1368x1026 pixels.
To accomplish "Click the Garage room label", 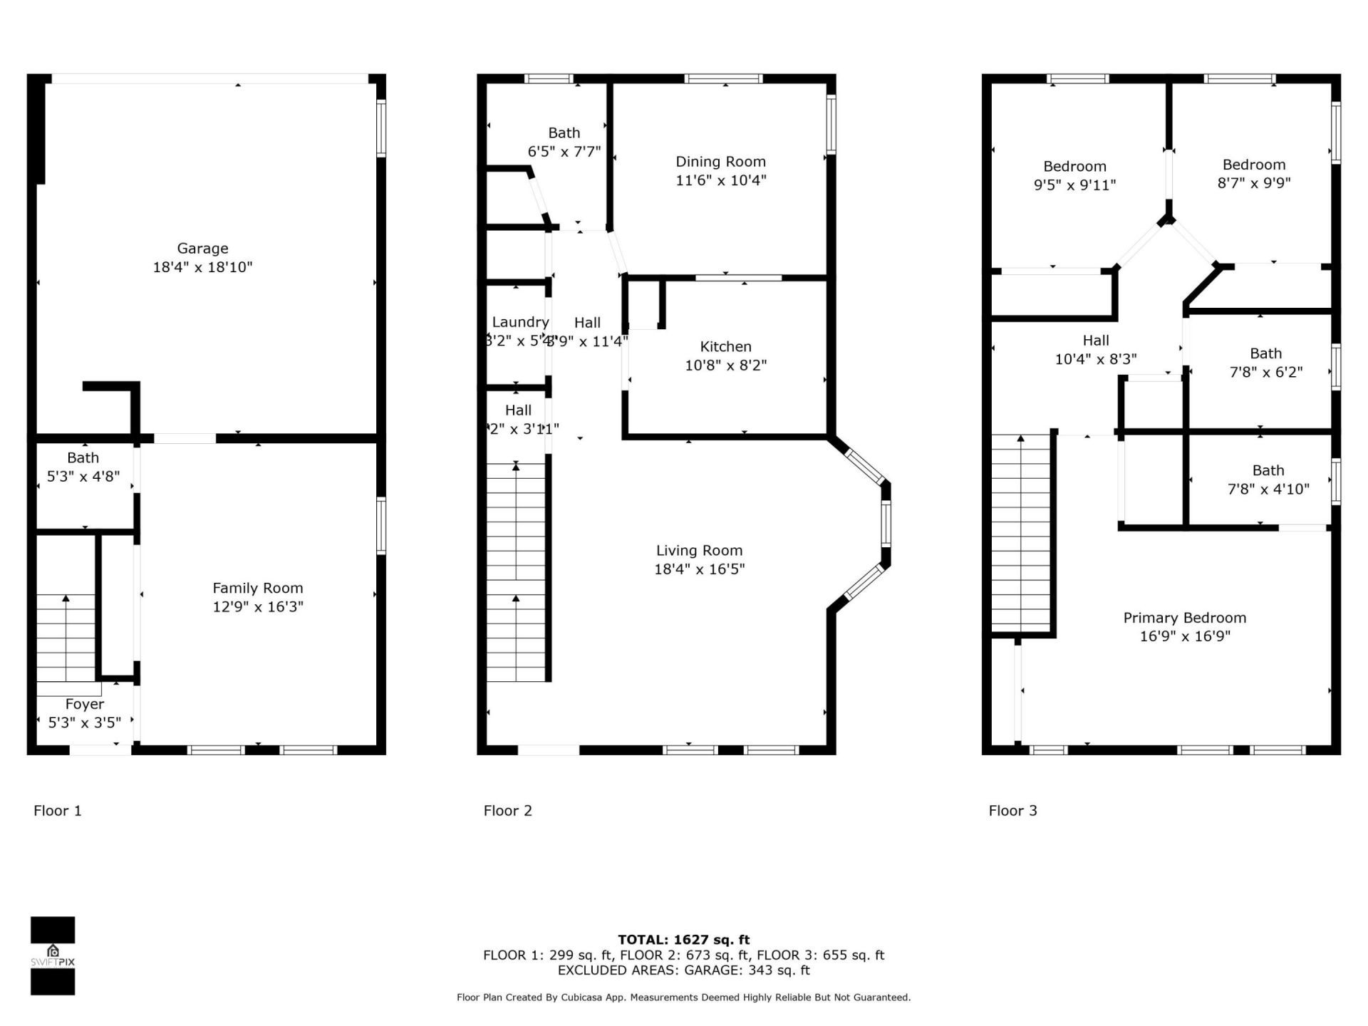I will tap(202, 249).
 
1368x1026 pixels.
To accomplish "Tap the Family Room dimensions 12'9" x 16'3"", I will tap(258, 606).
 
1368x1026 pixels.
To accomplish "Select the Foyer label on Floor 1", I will tap(85, 704).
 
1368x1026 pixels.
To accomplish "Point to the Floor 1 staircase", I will tap(66, 638).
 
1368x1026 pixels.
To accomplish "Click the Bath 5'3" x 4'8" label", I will tap(83, 458).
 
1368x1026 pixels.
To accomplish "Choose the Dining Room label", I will tap(720, 162).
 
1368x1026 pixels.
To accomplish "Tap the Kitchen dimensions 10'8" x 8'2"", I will tap(725, 366).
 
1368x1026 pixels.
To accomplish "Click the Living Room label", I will tap(699, 551).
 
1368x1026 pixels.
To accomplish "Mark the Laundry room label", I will tap(520, 323).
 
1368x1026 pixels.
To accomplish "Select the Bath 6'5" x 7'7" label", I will tap(564, 133).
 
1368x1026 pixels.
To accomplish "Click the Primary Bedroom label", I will tap(1184, 618).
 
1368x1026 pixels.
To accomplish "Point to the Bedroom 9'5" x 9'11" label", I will tap(1074, 167).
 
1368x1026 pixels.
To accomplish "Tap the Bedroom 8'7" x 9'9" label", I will tap(1253, 165).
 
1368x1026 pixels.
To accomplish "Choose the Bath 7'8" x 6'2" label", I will tap(1265, 353).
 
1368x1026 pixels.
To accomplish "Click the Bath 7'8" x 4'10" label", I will tap(1268, 470).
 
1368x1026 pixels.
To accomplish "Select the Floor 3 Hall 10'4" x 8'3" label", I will tap(1096, 341).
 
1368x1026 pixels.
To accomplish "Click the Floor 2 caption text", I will tap(507, 811).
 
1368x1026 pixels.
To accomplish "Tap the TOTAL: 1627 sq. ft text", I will tap(683, 940).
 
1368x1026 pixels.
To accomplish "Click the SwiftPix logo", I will tap(53, 955).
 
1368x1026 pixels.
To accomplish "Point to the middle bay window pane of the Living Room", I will tap(886, 524).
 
